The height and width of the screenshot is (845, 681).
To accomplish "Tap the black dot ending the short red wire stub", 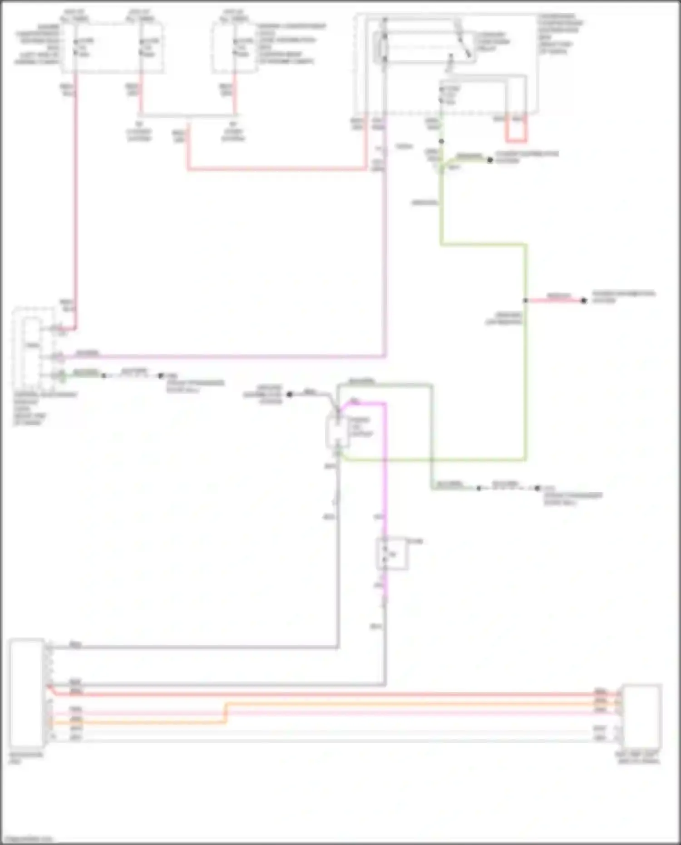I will point(584,301).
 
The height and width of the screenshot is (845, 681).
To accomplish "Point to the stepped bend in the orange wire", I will point(226,713).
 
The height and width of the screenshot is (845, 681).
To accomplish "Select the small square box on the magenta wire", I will point(392,554).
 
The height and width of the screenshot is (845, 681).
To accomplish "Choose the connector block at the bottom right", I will point(642,717).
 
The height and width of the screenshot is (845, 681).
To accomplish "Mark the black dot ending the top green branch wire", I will point(490,160).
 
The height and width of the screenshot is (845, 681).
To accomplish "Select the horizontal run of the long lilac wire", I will point(227,357).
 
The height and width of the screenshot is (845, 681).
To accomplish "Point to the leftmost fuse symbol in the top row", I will point(76,47).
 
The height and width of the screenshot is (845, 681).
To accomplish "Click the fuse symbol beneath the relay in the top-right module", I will point(441,95).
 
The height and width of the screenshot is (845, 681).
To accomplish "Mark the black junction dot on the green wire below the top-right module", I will point(441,142).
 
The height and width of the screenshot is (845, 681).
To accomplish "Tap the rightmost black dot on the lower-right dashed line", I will point(537,489).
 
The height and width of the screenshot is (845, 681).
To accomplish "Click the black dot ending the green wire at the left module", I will point(104,376).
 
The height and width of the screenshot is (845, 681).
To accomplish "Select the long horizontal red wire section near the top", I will point(277,169).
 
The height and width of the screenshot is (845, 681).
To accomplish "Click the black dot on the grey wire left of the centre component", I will point(290,394).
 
